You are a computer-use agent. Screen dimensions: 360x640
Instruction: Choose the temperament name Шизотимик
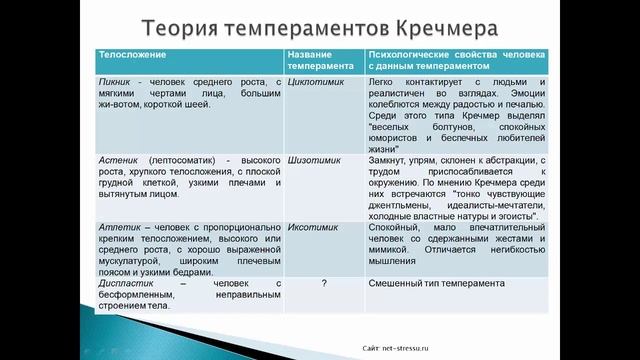(313, 159)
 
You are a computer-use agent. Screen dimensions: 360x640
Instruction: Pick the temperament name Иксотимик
(311, 228)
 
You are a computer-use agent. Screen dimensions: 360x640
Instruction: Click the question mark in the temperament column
(323, 284)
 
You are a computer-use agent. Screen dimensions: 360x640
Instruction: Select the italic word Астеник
(120, 159)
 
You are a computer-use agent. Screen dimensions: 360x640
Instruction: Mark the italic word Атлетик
(119, 228)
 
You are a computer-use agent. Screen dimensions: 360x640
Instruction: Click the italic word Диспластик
(125, 284)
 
